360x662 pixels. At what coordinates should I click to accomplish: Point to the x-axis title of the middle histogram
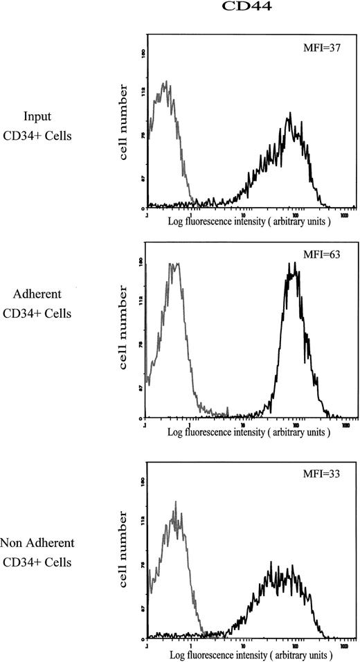(x=249, y=432)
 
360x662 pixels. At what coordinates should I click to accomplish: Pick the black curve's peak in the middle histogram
(x=294, y=265)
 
